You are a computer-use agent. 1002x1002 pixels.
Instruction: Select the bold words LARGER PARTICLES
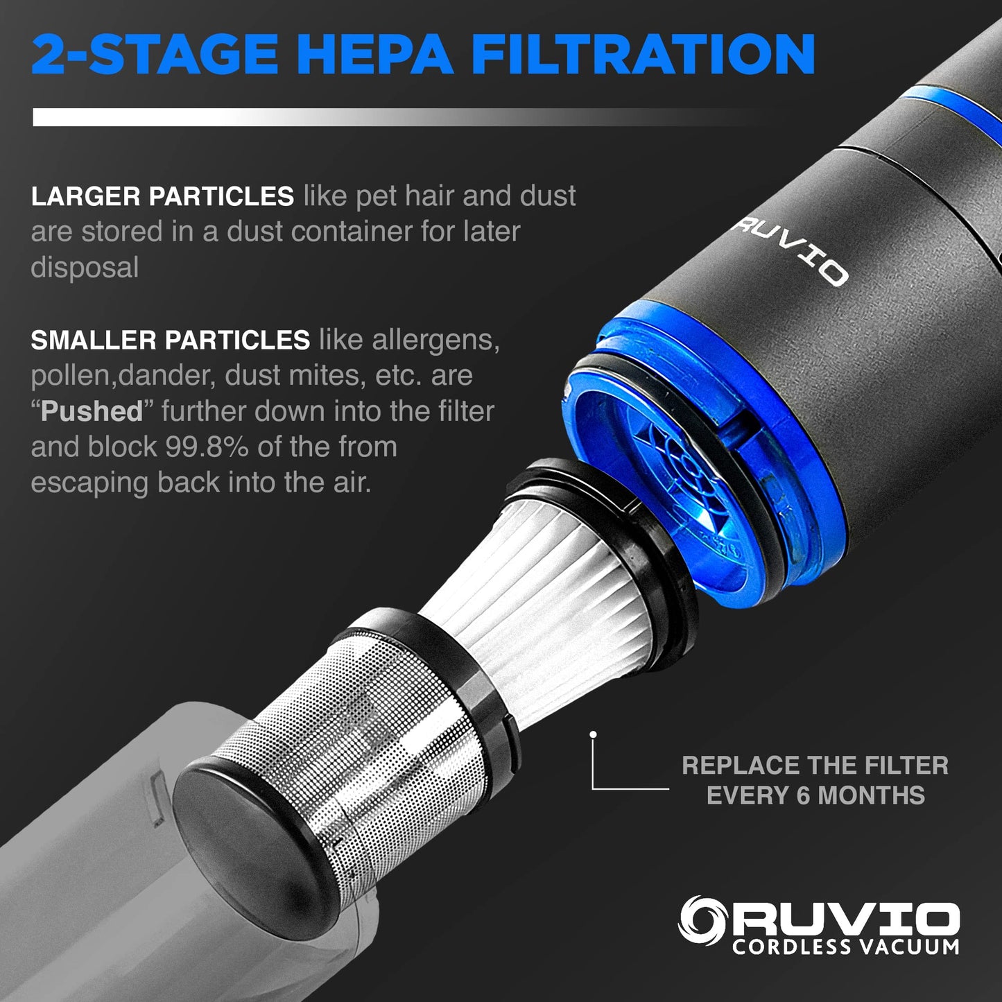tap(162, 197)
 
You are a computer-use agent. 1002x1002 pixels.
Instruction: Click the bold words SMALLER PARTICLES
tap(170, 340)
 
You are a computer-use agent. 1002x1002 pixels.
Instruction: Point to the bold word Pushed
tap(92, 411)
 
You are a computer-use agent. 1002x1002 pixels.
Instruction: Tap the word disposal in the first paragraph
tap(85, 268)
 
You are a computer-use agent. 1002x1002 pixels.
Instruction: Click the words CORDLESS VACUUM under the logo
tap(845, 947)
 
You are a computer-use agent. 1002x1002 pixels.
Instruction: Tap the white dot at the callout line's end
tap(593, 734)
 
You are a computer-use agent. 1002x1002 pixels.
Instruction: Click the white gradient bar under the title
tap(277, 117)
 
